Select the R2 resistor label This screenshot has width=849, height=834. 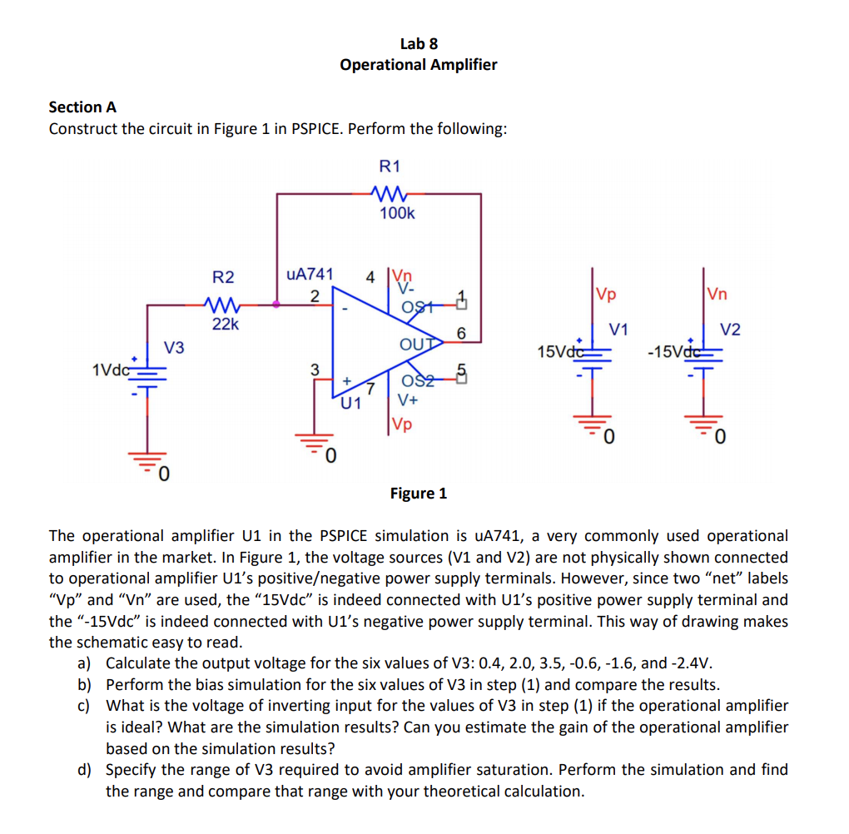tap(223, 277)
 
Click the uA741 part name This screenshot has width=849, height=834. tap(310, 274)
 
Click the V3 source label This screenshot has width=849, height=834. tap(173, 345)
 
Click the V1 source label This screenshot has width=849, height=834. tap(618, 328)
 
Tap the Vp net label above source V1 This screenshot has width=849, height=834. tap(606, 294)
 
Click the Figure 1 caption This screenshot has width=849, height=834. tap(418, 494)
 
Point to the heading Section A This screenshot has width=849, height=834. tap(82, 107)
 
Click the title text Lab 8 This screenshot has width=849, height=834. tap(418, 43)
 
